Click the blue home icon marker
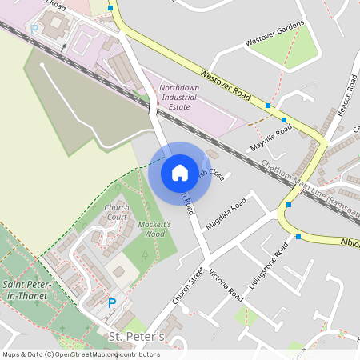[x=180, y=172]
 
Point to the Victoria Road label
[x=225, y=285]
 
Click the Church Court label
[x=116, y=212]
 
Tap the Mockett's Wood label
[x=154, y=229]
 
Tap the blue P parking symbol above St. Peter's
[x=112, y=303]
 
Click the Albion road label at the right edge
[x=350, y=242]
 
